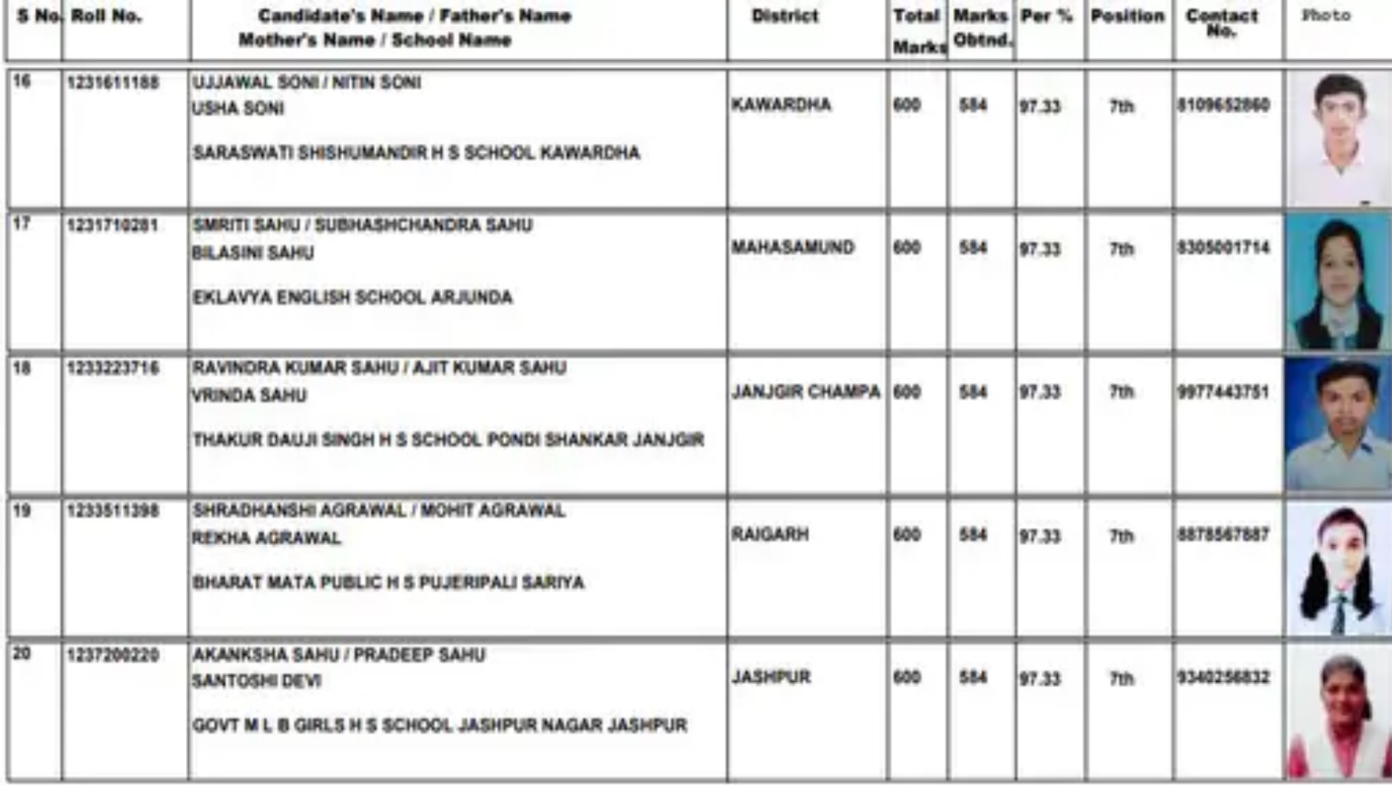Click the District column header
click(785, 16)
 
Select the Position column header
click(1127, 16)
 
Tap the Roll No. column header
click(106, 16)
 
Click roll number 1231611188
click(113, 83)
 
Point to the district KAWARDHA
click(781, 105)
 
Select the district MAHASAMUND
click(793, 247)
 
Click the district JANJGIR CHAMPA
click(806, 392)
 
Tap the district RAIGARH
click(770, 535)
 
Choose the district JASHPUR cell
click(771, 677)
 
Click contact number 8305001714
click(1223, 248)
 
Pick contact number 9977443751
click(1223, 392)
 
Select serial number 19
click(23, 511)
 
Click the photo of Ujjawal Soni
click(1338, 138)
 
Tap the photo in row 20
click(1338, 714)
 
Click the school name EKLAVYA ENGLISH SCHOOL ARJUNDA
click(352, 297)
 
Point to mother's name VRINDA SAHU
click(249, 395)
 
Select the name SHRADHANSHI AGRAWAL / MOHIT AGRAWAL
click(379, 511)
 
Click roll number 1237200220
click(113, 656)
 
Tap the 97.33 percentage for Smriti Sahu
click(1040, 249)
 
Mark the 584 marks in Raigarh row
click(973, 535)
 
